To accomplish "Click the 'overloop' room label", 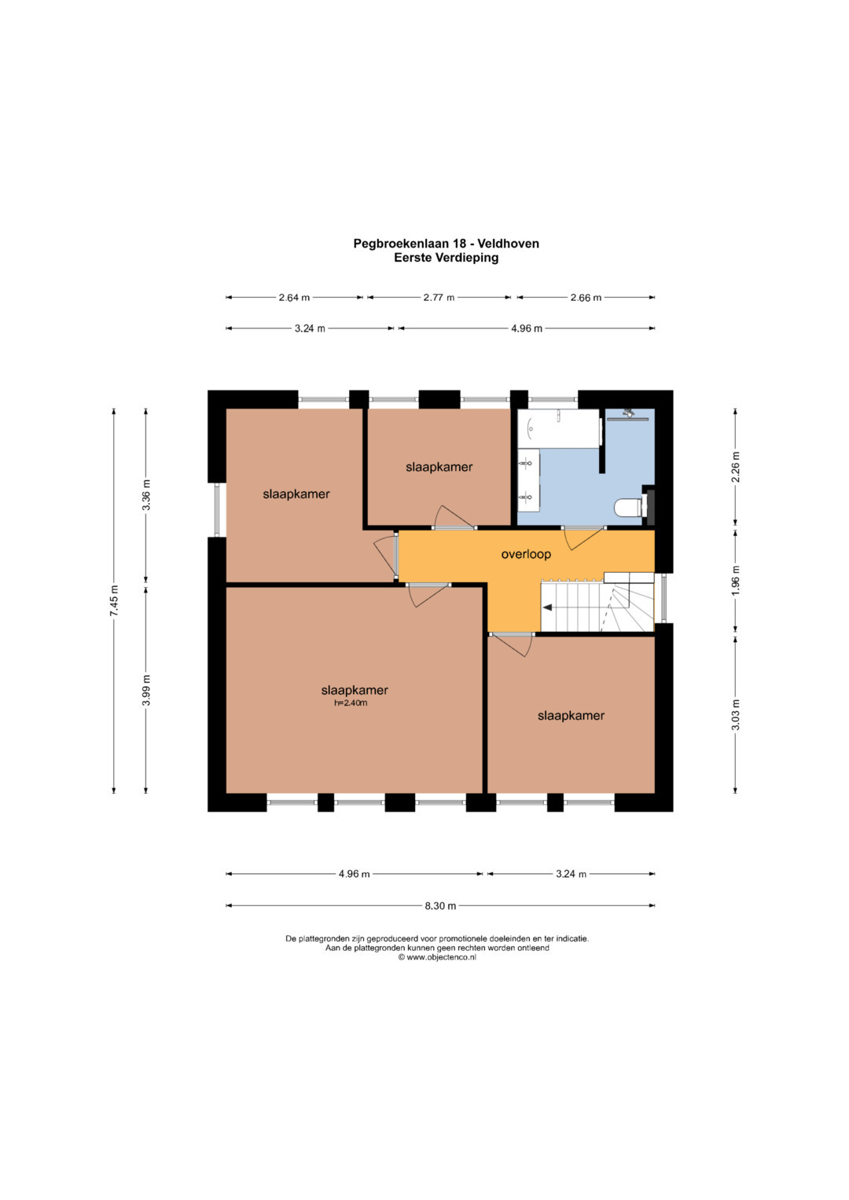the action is [x=526, y=555].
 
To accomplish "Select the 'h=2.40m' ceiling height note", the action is [x=351, y=703].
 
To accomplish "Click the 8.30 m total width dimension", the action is [x=440, y=906].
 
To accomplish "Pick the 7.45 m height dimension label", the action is [x=114, y=601].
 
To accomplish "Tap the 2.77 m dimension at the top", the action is [x=439, y=297].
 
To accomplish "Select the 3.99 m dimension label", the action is [x=146, y=690].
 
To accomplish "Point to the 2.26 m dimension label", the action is [x=735, y=467].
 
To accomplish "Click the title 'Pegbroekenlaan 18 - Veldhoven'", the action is [x=446, y=244].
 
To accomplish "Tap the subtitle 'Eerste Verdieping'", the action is [x=446, y=258].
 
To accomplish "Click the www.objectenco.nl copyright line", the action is [x=437, y=957].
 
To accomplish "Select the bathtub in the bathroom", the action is [x=558, y=428].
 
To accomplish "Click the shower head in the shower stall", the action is [x=628, y=413].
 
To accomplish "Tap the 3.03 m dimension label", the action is [x=735, y=714].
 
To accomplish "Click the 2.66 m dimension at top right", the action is [x=586, y=297].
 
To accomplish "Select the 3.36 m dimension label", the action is [x=146, y=496].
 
